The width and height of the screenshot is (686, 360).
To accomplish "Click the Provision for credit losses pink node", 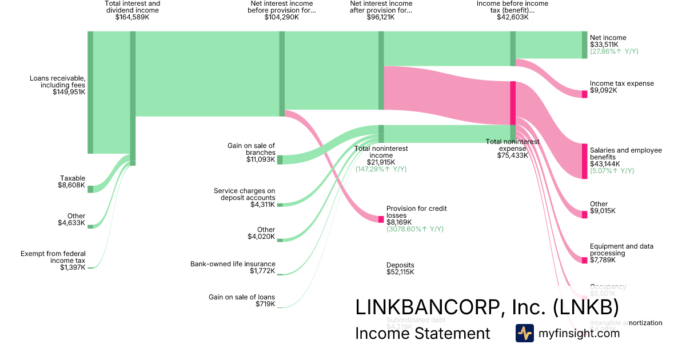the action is coord(381,219).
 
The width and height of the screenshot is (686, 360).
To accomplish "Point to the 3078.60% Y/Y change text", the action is coord(414,229).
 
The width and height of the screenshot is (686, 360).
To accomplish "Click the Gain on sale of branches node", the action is coord(280,159).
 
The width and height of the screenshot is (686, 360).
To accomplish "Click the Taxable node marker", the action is coord(90,189).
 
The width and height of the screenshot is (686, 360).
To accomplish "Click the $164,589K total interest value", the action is coord(132,18).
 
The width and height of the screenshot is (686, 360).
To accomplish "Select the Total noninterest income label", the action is coord(381,151).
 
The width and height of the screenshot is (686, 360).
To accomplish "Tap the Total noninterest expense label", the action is coord(512,145).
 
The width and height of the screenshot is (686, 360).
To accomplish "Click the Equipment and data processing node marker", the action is coord(584,261).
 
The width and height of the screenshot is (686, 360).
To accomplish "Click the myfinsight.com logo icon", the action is coord(524,333).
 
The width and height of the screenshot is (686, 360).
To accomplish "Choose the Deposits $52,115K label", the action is coord(400,269).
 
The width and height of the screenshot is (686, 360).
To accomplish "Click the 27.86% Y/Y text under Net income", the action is coord(614,51).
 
